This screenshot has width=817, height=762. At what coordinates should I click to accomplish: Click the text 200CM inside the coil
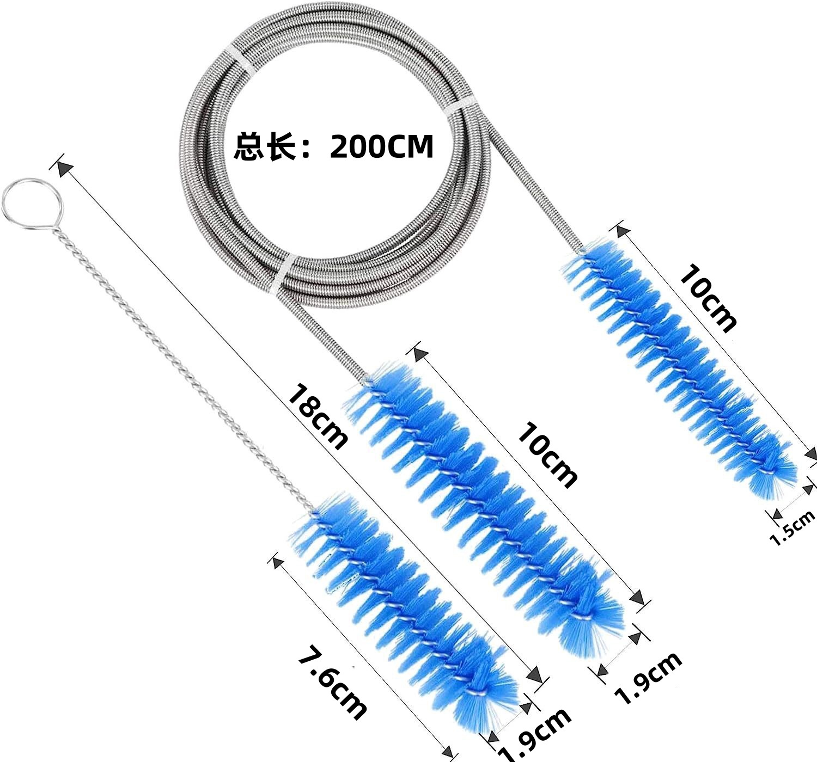click(x=381, y=146)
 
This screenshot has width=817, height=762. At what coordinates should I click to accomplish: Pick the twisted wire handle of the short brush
click(x=180, y=365)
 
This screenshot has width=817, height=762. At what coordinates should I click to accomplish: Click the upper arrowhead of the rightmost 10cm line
click(x=621, y=230)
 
